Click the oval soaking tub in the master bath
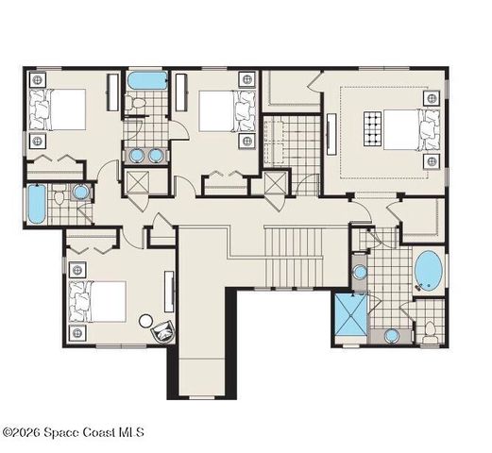pos(428,270)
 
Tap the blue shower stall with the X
pos(351,315)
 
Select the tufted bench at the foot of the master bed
pos(373,128)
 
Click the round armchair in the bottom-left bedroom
pos(163,330)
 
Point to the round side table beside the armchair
pos(145,321)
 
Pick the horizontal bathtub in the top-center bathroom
pos(148,80)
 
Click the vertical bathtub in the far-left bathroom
pos(37,204)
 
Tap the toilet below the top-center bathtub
pos(136,103)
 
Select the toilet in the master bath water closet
pos(430,332)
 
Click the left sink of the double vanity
pos(137,155)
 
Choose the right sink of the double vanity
pos(155,155)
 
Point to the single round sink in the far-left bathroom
pos(80,192)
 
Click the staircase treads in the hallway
pos(294,258)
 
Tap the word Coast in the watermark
pos(98,432)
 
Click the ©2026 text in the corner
pos(22,432)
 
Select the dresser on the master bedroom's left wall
pos(331,134)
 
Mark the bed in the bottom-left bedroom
pos(97,302)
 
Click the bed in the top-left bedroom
pos(58,109)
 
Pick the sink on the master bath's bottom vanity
pos(392,336)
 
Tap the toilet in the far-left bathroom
pos(59,195)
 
